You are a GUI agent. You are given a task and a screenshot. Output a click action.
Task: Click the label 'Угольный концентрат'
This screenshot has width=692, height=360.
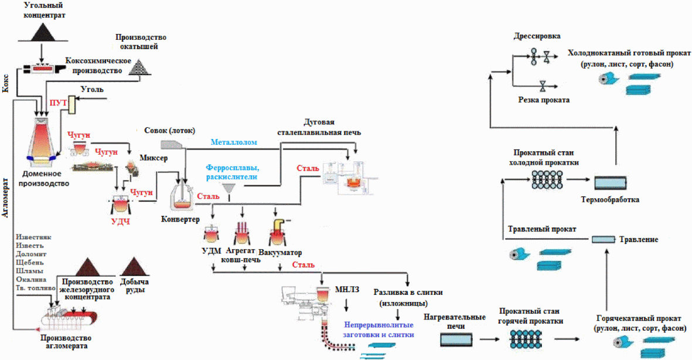(x=45, y=10)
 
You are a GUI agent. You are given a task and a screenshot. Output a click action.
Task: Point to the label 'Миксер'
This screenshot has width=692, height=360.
(x=154, y=158)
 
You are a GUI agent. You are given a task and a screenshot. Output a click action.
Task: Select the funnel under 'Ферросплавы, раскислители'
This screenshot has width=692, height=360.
(x=230, y=189)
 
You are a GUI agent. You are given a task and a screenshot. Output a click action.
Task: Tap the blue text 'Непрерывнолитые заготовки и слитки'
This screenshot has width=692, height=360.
(x=378, y=328)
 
